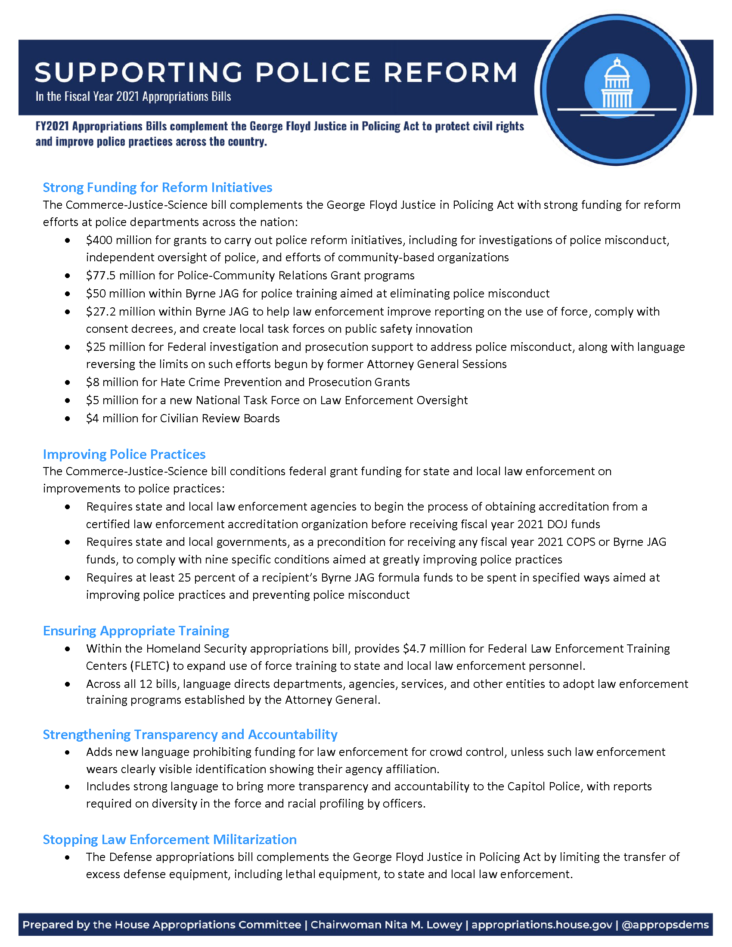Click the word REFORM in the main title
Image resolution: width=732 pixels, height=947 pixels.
450,72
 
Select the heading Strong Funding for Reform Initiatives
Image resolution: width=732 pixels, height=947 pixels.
158,187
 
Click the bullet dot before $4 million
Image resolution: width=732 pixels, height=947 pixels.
68,419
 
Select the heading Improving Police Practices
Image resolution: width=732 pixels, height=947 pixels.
124,454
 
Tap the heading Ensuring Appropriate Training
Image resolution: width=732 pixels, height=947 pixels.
136,631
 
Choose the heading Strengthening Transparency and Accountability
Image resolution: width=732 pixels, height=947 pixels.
190,734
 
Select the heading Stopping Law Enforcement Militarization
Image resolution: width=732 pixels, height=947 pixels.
170,839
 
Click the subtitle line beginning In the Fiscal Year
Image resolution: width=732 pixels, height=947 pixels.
133,96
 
